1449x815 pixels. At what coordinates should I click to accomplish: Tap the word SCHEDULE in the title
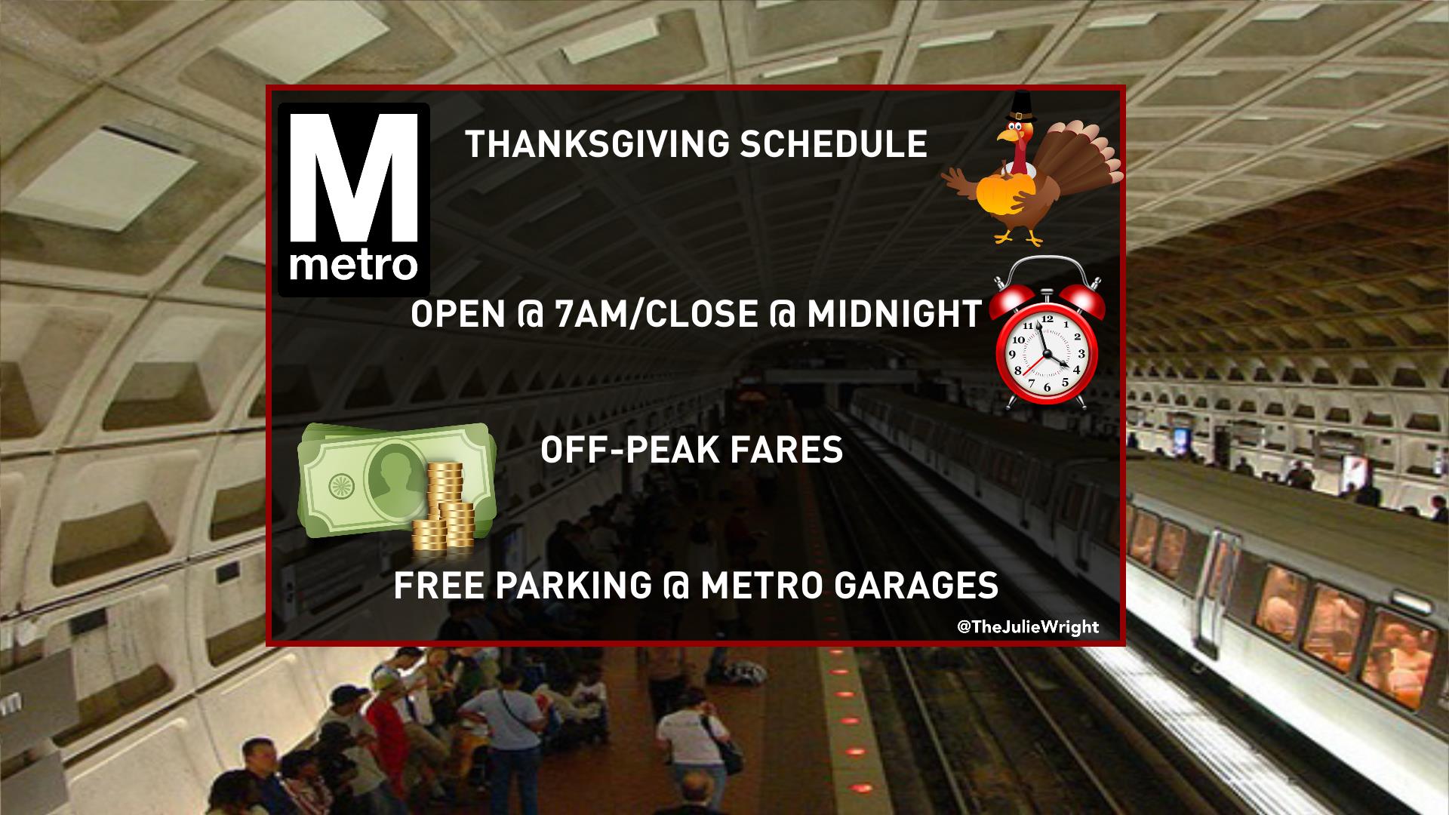tap(833, 144)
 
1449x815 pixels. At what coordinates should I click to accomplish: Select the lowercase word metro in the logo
tap(354, 266)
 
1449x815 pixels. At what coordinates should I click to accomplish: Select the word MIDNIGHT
tap(894, 314)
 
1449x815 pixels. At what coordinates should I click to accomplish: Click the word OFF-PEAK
tap(629, 451)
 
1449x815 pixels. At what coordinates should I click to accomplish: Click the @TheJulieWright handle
tap(1027, 626)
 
